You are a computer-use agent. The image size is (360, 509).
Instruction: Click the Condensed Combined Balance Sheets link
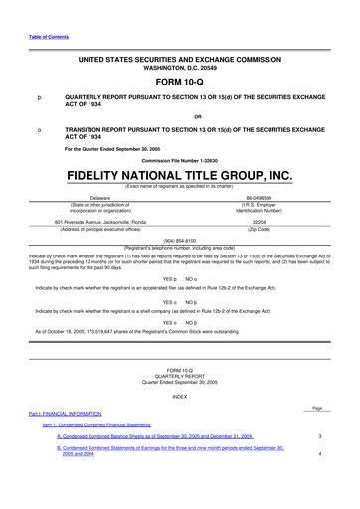155,464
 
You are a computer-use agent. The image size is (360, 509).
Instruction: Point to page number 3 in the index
319,464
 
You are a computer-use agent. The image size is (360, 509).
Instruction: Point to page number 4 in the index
319,482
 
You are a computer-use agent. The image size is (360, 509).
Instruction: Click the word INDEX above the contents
179,424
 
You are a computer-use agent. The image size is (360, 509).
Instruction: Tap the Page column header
318,434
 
